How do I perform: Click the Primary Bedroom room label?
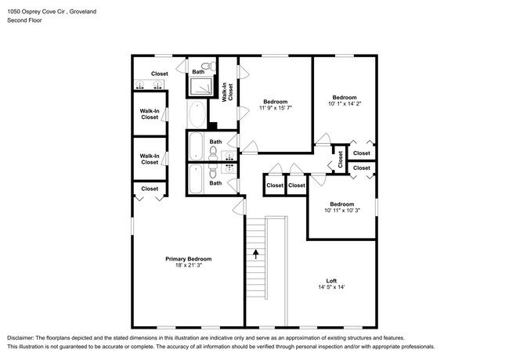[188, 258]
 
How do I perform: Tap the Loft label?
[331, 281]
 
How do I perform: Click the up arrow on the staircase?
[255, 254]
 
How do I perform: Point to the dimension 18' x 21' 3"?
[188, 265]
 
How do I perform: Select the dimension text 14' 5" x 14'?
[331, 288]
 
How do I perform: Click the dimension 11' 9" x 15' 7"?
[275, 109]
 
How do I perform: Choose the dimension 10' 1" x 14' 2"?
[345, 103]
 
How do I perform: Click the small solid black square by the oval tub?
[212, 125]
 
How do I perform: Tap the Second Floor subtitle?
[24, 20]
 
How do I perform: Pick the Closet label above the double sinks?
[160, 74]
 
